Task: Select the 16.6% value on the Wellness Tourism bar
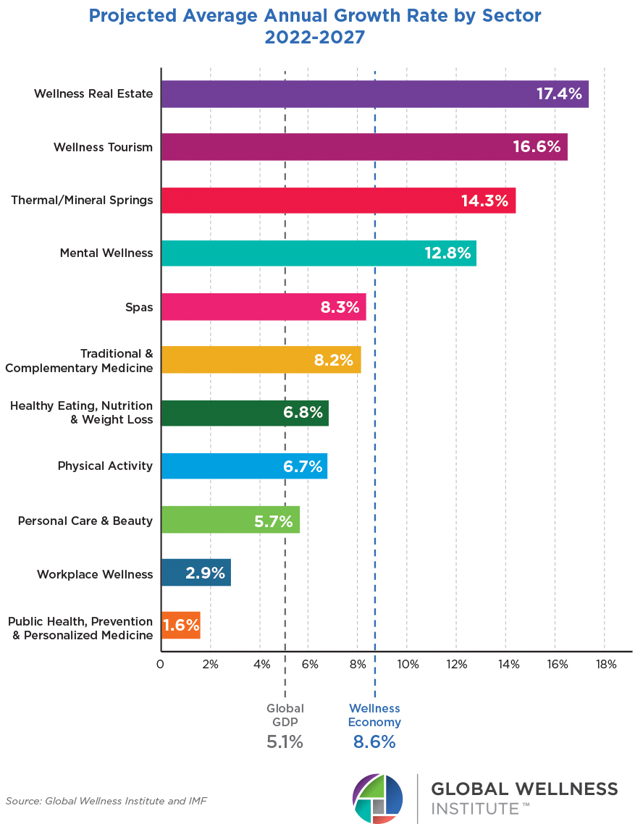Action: pyautogui.click(x=537, y=147)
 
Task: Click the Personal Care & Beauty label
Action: pyautogui.click(x=85, y=521)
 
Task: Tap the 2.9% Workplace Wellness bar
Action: pyautogui.click(x=196, y=573)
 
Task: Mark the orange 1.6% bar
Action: pyautogui.click(x=180, y=626)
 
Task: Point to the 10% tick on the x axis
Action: pyautogui.click(x=407, y=664)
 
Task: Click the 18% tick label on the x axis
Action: pyautogui.click(x=605, y=664)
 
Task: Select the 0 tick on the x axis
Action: pyautogui.click(x=161, y=664)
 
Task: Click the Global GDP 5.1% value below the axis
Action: pyautogui.click(x=285, y=742)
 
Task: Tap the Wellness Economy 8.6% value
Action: pyautogui.click(x=374, y=742)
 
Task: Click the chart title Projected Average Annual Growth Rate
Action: pyautogui.click(x=315, y=15)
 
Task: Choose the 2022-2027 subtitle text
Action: pyautogui.click(x=315, y=37)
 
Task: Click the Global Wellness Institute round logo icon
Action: pyautogui.click(x=377, y=798)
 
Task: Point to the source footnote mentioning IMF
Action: pyautogui.click(x=107, y=801)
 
